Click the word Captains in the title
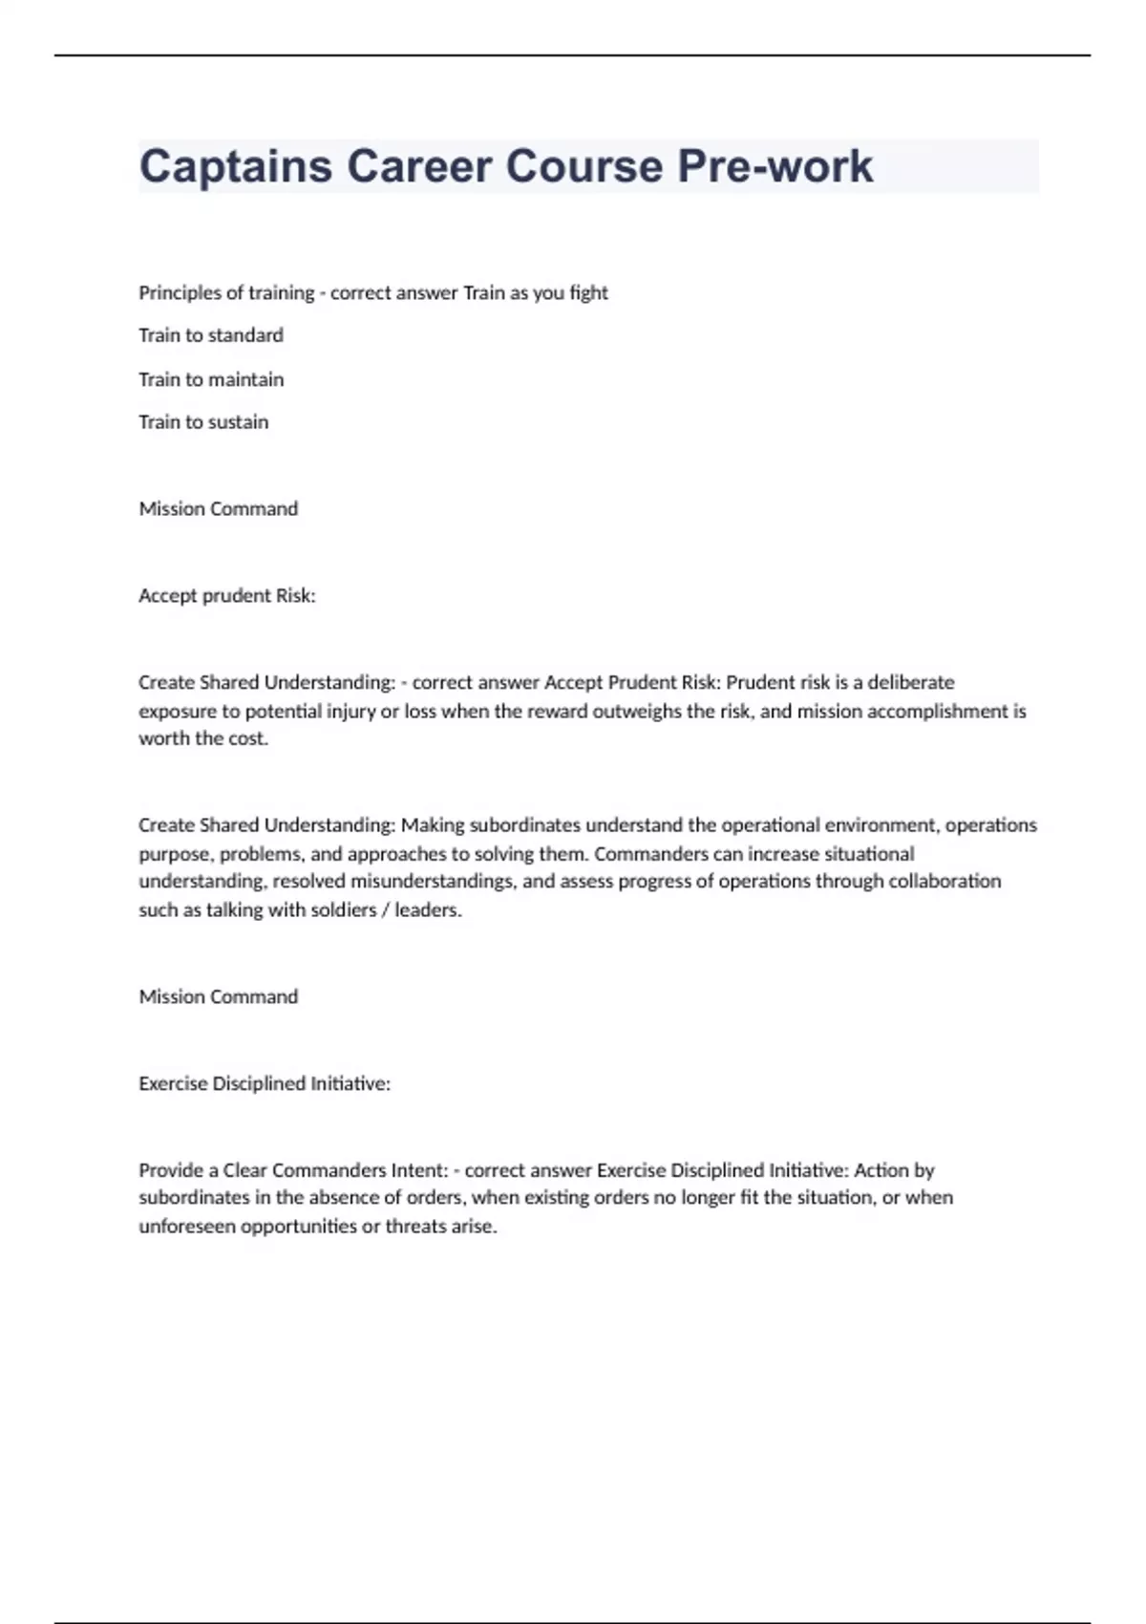pos(235,166)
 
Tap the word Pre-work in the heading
pos(775,166)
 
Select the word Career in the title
pos(418,166)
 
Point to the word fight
pos(588,292)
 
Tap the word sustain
pos(238,422)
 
